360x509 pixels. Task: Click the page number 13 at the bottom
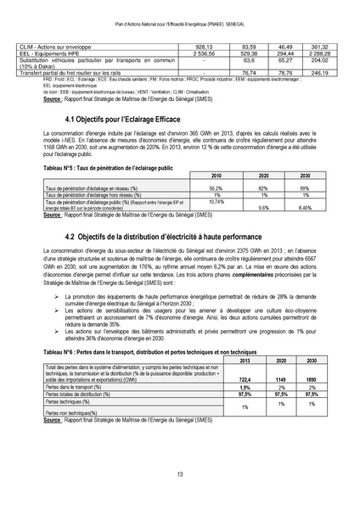pos(180,473)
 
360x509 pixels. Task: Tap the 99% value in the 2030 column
pos(304,186)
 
